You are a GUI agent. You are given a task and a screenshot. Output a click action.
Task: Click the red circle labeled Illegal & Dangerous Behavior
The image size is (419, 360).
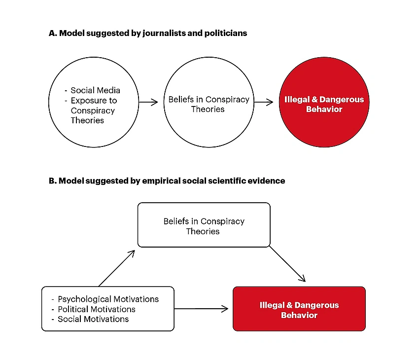324,104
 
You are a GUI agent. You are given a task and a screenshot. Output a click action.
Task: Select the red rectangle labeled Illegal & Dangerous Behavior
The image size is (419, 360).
299,309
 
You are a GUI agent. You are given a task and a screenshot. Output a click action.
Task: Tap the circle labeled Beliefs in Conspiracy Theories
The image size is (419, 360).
209,104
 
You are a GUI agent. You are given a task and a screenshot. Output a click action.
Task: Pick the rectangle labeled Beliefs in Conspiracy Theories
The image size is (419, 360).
204,225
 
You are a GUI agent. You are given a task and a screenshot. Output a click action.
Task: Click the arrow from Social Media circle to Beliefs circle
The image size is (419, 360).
147,103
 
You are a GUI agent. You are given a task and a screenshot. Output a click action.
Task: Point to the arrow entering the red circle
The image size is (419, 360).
264,103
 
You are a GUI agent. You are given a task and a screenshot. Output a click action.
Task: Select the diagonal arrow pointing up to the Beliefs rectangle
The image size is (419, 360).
117,268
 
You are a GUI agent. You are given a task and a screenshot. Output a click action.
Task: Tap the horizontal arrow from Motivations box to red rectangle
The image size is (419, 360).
201,309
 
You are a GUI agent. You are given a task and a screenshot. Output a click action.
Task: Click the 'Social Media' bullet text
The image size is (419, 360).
95,90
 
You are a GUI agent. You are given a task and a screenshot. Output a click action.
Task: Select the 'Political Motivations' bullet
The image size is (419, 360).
96,309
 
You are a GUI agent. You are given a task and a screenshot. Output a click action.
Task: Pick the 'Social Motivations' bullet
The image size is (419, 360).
93,319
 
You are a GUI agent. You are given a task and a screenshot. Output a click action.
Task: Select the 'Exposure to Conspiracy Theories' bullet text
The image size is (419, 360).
93,110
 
